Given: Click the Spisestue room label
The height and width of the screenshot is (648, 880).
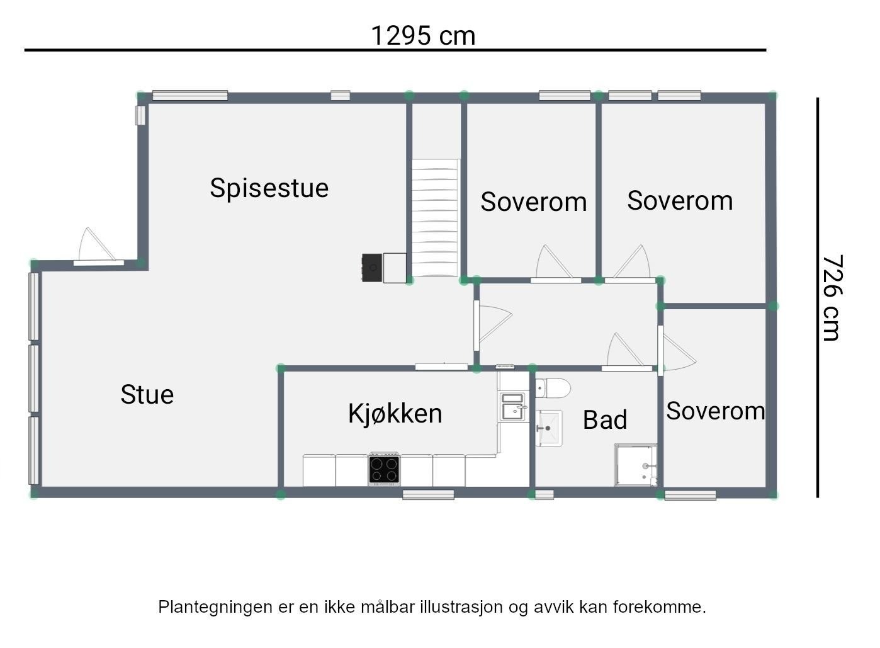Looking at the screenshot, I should (x=269, y=188).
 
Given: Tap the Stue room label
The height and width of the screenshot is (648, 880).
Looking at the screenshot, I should (x=147, y=395).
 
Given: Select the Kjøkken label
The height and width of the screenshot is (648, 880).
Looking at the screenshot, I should (x=395, y=414).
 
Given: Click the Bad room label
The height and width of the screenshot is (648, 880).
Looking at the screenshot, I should (x=604, y=420).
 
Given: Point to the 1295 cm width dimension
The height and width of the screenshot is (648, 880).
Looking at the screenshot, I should (x=422, y=35).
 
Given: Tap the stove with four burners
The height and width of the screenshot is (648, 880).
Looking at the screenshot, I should (x=384, y=470).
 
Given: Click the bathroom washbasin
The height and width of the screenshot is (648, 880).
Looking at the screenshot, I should (x=549, y=428).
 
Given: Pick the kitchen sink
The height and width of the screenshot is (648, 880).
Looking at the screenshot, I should (x=512, y=407).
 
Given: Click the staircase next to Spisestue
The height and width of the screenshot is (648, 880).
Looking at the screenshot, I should (x=434, y=217).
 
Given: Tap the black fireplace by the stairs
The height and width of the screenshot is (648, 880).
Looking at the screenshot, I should (x=372, y=268).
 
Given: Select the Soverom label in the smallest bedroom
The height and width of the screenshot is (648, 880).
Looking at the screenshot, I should (x=715, y=411).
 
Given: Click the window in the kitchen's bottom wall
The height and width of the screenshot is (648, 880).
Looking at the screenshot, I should (x=428, y=494).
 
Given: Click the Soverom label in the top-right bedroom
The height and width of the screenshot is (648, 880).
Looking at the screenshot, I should (x=679, y=201).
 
